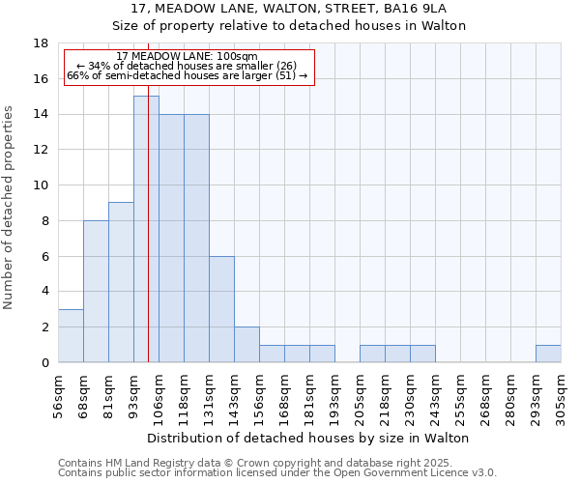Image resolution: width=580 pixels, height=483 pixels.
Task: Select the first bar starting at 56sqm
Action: click(x=71, y=336)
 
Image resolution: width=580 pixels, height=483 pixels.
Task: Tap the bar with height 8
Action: click(x=96, y=292)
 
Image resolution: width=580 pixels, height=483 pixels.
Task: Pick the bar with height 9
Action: click(x=121, y=282)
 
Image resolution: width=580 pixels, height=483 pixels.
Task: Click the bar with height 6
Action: click(x=221, y=309)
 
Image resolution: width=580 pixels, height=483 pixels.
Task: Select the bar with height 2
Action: click(x=246, y=345)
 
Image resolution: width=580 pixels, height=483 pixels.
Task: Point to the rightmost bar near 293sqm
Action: click(x=548, y=354)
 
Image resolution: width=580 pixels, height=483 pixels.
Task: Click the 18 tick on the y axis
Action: click(x=42, y=43)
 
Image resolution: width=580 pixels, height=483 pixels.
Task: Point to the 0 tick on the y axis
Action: click(x=44, y=363)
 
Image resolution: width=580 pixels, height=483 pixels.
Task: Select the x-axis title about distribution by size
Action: click(x=309, y=438)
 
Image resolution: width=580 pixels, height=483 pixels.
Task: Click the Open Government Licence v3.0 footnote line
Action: click(x=277, y=472)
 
